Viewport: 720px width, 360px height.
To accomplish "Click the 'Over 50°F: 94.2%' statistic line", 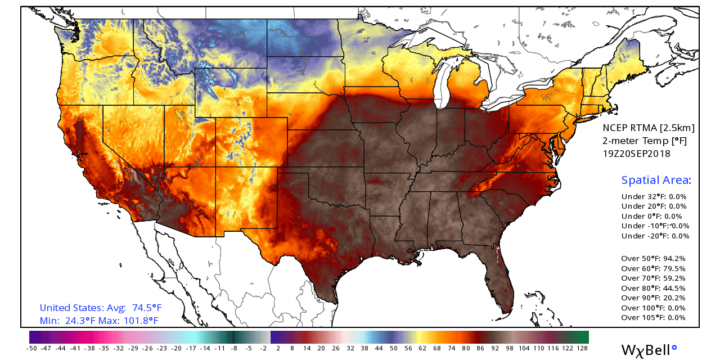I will [x=653, y=259].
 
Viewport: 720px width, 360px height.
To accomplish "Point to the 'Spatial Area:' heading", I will [x=656, y=181].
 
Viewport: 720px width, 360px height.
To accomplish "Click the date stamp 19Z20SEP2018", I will [x=636, y=154].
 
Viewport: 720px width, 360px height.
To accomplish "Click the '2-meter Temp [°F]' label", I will [x=636, y=141].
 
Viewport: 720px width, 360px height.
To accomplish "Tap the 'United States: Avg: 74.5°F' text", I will [x=101, y=308].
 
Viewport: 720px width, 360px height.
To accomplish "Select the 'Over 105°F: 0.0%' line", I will [x=653, y=318].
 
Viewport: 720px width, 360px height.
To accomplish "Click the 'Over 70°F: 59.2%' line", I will [x=653, y=278].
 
